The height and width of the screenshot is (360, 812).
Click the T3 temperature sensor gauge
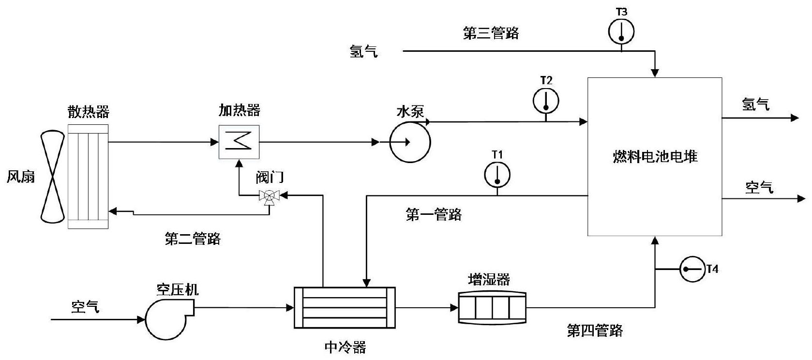click(621, 32)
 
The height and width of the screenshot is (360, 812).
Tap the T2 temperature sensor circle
click(546, 101)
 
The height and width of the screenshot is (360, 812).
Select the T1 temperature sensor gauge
click(497, 174)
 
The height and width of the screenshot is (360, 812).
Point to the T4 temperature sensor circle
click(692, 269)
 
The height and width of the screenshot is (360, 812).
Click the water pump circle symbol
click(410, 142)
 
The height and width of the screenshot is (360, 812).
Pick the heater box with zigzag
click(239, 142)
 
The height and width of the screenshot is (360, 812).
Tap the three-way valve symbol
click(270, 196)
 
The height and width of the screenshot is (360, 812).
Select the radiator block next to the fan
click(88, 177)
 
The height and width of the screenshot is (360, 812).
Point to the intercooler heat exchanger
click(345, 308)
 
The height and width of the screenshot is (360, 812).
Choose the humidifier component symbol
click(492, 307)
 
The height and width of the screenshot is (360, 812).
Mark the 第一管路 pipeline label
click(434, 214)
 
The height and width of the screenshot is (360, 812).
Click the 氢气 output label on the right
click(756, 104)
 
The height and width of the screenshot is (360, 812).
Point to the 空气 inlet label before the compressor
click(85, 306)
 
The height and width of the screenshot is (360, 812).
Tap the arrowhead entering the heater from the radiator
click(214, 142)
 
